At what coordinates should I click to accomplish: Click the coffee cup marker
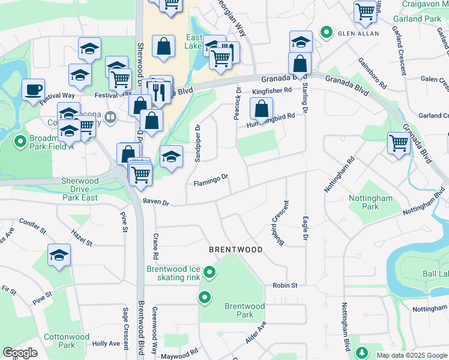pos(34,90)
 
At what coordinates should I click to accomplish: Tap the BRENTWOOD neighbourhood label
pos(236,249)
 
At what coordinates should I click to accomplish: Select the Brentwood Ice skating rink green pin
pos(209,273)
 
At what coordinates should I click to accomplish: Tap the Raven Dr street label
pos(155,203)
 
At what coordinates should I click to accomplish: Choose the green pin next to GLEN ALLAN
pos(327,32)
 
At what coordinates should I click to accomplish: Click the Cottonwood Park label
pos(67,341)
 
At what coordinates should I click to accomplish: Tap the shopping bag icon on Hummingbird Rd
pos(261,109)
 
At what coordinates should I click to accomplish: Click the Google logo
pos(20,353)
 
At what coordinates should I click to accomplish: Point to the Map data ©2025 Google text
pos(411,355)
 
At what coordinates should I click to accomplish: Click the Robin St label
pos(285,286)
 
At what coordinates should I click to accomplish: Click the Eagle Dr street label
pos(306,229)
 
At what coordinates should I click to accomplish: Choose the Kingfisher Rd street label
pos(271,91)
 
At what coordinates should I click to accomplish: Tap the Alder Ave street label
pos(255,332)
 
